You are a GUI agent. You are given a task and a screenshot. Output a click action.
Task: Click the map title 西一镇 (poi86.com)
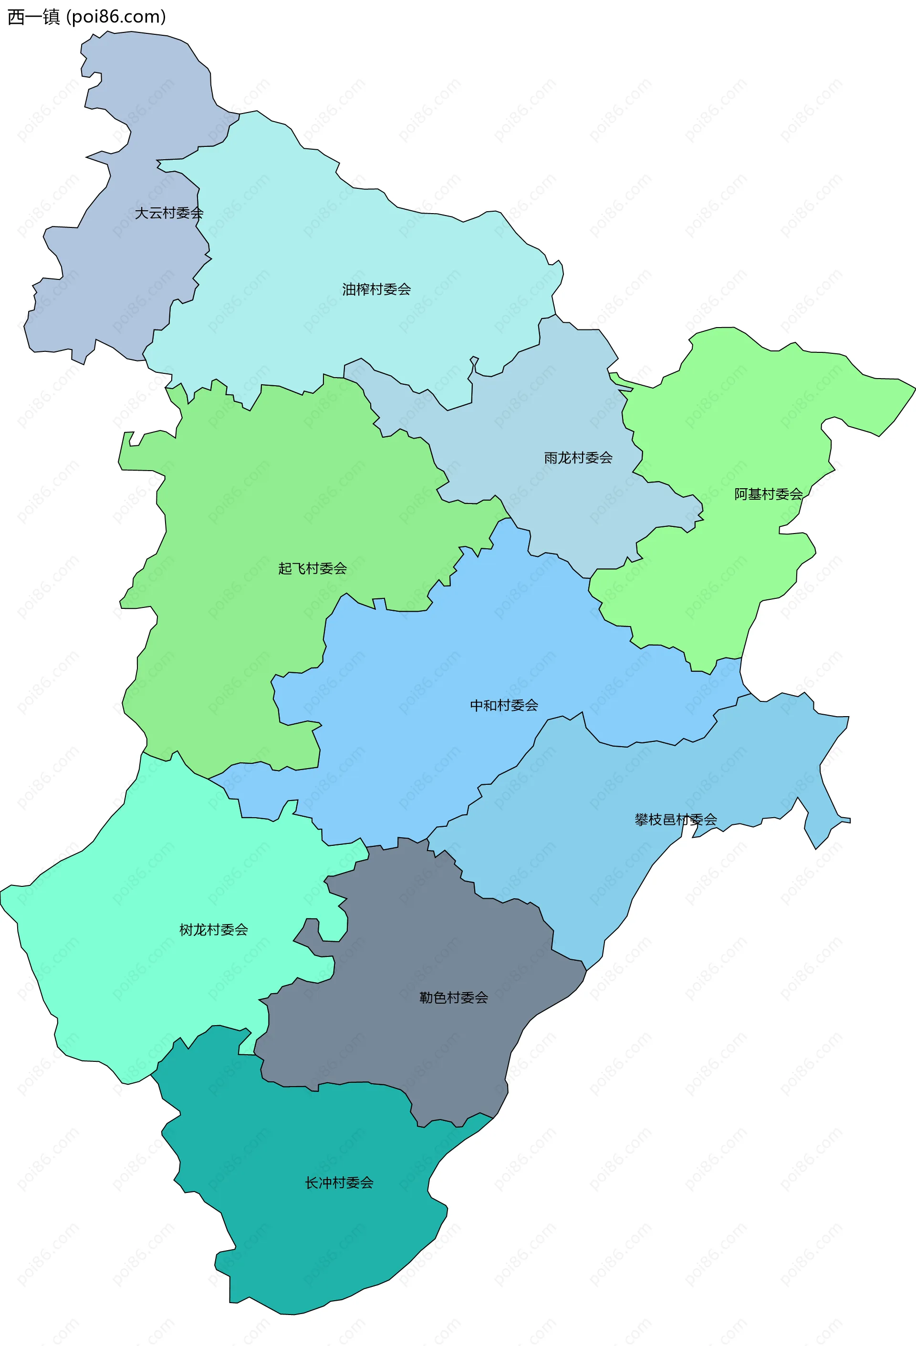pos(86,17)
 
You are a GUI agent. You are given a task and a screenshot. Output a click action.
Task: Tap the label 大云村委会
pos(169,213)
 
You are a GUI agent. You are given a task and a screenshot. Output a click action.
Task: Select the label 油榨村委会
pos(376,289)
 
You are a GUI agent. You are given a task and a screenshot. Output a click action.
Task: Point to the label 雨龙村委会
pos(578,458)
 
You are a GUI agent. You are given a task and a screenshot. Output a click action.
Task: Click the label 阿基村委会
pos(768,494)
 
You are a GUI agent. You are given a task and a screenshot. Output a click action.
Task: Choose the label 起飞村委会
pos(312,568)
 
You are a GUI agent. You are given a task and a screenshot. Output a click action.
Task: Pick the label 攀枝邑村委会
pos(676,820)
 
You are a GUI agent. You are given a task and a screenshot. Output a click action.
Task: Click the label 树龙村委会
pos(213,930)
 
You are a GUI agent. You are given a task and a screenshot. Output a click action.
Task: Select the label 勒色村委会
pos(453,997)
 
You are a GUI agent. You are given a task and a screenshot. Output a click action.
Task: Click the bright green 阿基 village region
pos(753,405)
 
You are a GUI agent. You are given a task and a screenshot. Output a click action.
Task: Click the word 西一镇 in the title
pos(33,17)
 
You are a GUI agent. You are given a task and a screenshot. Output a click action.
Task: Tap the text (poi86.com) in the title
pos(116,17)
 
